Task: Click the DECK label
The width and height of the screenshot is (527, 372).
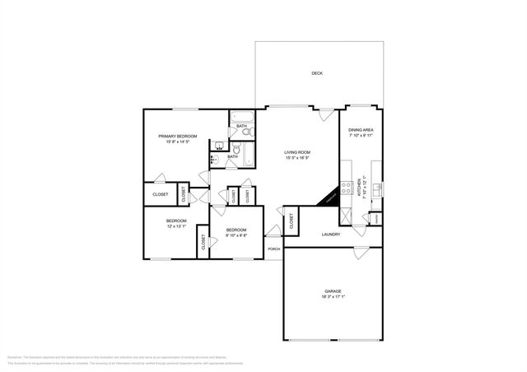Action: coord(317,74)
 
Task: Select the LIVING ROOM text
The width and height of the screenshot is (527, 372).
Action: coord(296,152)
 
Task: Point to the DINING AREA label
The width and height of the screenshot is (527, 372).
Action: coord(361,130)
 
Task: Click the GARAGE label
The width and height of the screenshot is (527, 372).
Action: coord(333,291)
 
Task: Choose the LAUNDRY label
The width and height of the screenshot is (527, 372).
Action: coord(331,235)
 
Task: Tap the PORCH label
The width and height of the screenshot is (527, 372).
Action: coord(273,249)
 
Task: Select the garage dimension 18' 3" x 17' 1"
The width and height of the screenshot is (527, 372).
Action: coord(333,298)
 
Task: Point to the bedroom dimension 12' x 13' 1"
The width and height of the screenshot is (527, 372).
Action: coord(177,227)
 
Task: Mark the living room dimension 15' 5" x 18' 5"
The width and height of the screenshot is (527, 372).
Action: coord(296,159)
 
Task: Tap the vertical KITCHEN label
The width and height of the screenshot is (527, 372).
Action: coord(359,188)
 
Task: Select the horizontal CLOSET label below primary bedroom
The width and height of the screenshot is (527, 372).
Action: coord(161,194)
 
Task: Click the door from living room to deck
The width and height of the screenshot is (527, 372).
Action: coord(327,113)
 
